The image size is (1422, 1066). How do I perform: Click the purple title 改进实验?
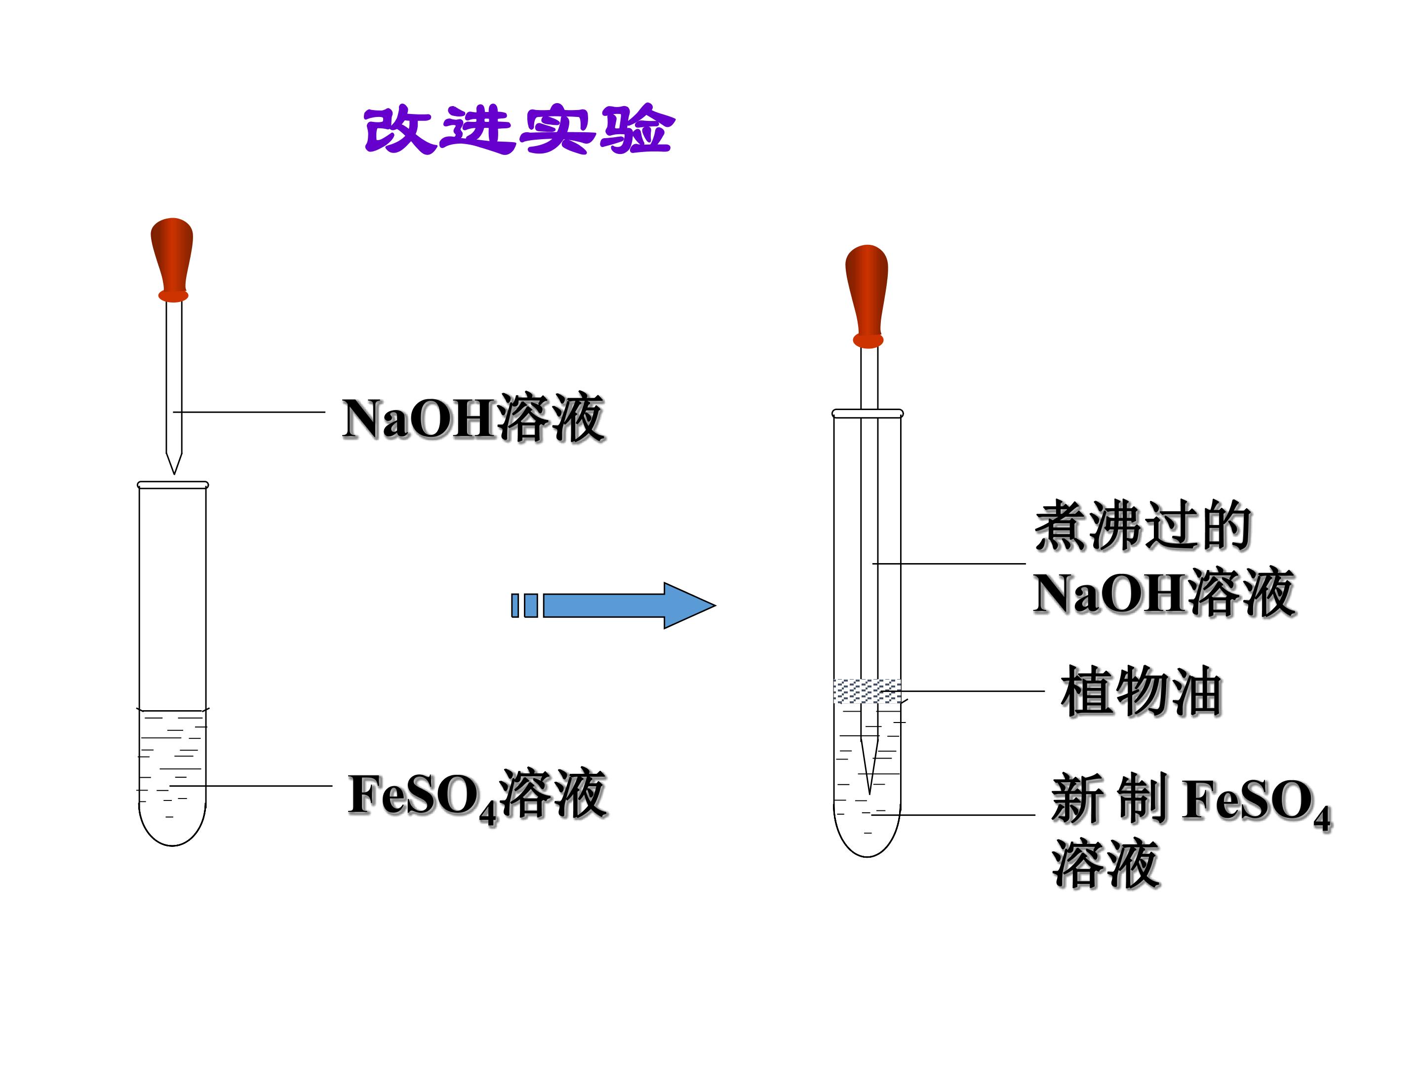pyautogui.click(x=518, y=130)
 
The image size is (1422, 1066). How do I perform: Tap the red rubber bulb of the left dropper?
pyautogui.click(x=172, y=259)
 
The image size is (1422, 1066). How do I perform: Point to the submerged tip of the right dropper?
pyautogui.click(x=869, y=794)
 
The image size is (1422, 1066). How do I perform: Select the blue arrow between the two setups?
pyautogui.click(x=613, y=605)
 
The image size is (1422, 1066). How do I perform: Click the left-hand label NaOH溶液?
pyautogui.click(x=473, y=419)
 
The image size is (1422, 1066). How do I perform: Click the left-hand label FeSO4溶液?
pyautogui.click(x=477, y=796)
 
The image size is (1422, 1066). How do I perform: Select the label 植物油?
pyautogui.click(x=1141, y=691)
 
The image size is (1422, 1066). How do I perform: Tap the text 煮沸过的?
pyautogui.click(x=1144, y=526)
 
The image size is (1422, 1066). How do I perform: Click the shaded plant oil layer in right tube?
pyautogui.click(x=867, y=691)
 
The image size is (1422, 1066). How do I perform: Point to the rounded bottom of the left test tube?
pyautogui.click(x=172, y=845)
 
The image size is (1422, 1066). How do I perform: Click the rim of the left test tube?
pyautogui.click(x=173, y=485)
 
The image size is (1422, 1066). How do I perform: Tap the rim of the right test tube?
pyautogui.click(x=867, y=413)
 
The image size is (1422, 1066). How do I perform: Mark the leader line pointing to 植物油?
pyautogui.click(x=963, y=691)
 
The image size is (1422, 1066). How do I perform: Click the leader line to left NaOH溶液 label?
pyautogui.click(x=249, y=412)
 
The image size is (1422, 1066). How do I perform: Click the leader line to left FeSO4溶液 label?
pyautogui.click(x=251, y=785)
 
